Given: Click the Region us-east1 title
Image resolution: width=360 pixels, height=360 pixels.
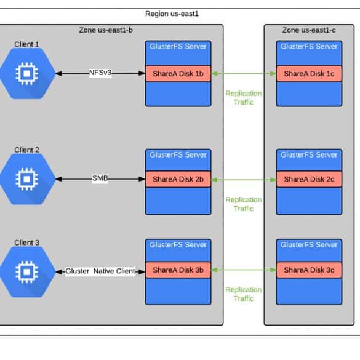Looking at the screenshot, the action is [x=172, y=14].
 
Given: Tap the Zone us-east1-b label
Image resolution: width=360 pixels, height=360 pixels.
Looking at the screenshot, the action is [x=106, y=30].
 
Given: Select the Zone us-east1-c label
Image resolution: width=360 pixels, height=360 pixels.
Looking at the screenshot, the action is [x=309, y=30].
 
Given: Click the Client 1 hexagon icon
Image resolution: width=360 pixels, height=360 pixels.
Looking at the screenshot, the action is [x=27, y=73].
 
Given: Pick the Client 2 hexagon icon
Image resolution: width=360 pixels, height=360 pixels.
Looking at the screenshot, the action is [x=27, y=179].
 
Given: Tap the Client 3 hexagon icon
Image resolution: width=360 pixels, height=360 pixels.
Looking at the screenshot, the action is [x=27, y=272].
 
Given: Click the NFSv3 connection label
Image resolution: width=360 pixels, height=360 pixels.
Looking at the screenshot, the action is [x=100, y=73].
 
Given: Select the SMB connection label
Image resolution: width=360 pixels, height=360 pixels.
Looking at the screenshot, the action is [x=100, y=178].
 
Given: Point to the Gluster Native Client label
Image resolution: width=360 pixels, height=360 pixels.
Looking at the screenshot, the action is [x=100, y=271].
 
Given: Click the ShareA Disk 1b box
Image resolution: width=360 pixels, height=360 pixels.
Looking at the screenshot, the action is [x=178, y=74].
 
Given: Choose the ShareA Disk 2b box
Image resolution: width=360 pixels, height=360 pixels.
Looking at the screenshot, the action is [x=178, y=179].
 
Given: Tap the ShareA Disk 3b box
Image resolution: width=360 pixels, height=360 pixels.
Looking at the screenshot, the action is [x=178, y=270].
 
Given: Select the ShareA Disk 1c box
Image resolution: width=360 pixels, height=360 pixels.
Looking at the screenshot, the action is [x=309, y=74].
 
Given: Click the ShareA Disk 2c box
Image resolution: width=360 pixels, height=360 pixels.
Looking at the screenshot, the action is [x=309, y=179].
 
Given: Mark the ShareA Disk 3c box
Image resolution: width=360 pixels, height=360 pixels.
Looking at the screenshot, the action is [x=309, y=270].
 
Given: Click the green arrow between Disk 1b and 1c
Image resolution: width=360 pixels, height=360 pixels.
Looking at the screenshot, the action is [x=244, y=73].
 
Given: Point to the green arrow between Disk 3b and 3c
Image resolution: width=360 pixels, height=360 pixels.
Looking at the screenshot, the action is [x=244, y=270].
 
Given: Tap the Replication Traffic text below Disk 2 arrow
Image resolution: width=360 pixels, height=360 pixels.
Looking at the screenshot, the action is [x=244, y=204].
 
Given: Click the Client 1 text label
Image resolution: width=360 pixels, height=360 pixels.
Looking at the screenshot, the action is [x=26, y=44].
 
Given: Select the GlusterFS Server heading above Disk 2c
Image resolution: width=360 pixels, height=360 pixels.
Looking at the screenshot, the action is [x=309, y=154].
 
